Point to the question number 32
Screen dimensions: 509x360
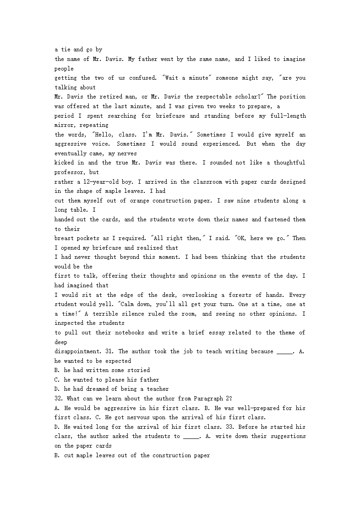coord(60,399)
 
